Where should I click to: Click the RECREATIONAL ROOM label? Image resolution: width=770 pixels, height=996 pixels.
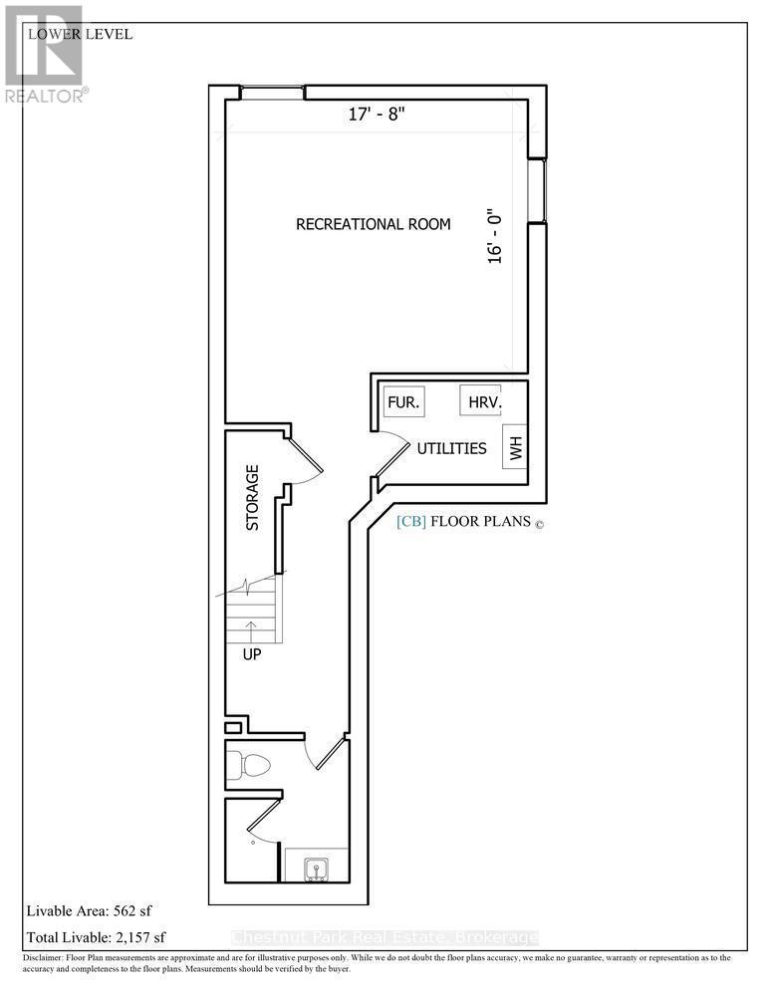pyautogui.click(x=374, y=224)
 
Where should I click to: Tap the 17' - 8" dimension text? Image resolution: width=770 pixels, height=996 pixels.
pyautogui.click(x=377, y=115)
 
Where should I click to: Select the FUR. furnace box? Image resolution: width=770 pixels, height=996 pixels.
pyautogui.click(x=404, y=402)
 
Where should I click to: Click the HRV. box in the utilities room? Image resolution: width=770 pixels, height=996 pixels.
pyautogui.click(x=480, y=402)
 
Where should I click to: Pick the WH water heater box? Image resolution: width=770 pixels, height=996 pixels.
pyautogui.click(x=515, y=448)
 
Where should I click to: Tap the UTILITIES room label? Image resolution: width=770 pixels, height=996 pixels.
pyautogui.click(x=451, y=448)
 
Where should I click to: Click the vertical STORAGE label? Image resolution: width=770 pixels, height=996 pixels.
pyautogui.click(x=253, y=497)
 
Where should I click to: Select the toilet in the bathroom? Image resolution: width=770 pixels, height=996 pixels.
pyautogui.click(x=249, y=766)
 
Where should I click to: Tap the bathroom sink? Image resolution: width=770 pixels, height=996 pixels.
pyautogui.click(x=316, y=866)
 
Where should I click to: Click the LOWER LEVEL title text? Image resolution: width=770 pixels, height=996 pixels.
pyautogui.click(x=81, y=34)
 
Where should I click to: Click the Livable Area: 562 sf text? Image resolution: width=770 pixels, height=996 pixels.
pyautogui.click(x=88, y=910)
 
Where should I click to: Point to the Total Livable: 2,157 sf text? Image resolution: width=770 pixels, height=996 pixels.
pyautogui.click(x=95, y=936)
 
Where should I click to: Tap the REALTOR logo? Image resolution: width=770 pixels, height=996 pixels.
pyautogui.click(x=45, y=55)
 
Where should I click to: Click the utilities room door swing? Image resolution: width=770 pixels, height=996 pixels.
pyautogui.click(x=393, y=453)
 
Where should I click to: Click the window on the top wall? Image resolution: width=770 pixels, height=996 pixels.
pyautogui.click(x=271, y=93)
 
